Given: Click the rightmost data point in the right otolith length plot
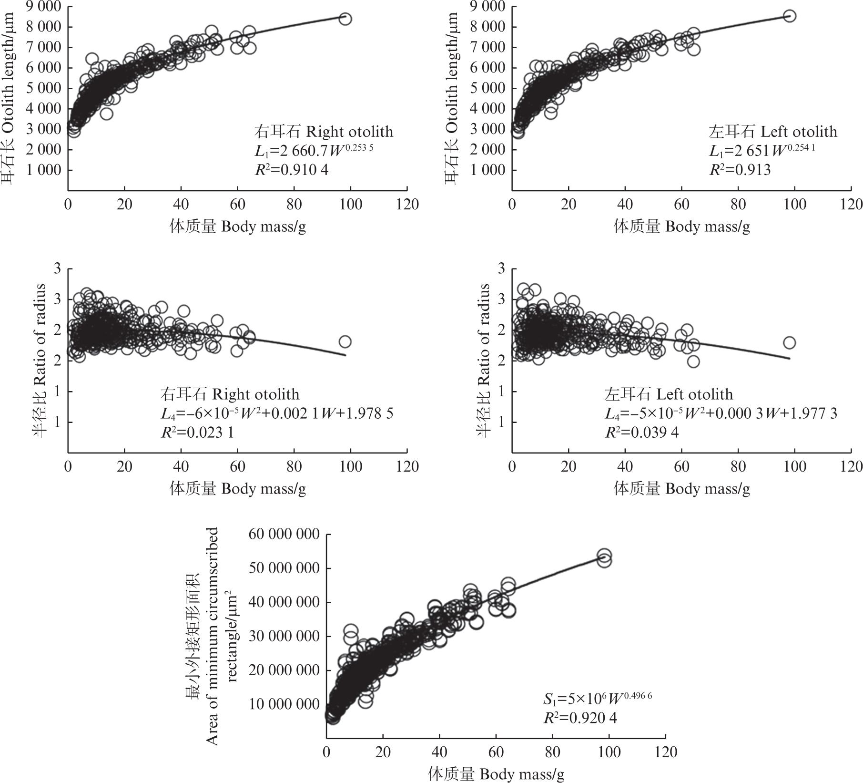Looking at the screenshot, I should coord(345,19).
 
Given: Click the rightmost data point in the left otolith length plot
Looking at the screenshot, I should coord(790,16).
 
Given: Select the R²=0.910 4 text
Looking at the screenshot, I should coord(292,170).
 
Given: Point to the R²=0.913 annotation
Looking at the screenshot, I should coord(740,170).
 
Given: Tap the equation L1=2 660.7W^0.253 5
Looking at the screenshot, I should coord(314,151).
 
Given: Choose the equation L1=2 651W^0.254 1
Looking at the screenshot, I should coord(762,151).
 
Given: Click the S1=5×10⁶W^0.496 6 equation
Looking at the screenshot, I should coord(598,699).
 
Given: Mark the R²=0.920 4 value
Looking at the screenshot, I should coord(580,718).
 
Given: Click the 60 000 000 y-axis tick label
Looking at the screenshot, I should coord(284,534).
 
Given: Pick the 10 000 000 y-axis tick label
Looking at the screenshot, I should coord(284,704).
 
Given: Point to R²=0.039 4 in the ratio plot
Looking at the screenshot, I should coord(642,432).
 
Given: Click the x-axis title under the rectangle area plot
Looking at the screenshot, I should coord(496,774).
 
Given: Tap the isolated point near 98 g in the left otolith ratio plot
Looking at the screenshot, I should coord(789,342).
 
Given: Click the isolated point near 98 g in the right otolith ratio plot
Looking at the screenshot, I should coord(345,341).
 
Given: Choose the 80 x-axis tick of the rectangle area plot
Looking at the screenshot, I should coord(553,753).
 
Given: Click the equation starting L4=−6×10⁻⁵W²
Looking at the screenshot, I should coord(276,413).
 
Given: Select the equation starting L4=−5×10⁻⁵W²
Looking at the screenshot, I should coord(721,413).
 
